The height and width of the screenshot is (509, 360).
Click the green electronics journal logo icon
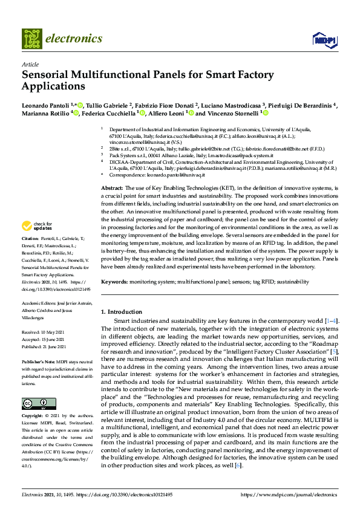[x=32, y=39]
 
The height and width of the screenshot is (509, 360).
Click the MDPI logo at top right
[x=324, y=40]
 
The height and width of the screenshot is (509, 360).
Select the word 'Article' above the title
[x=30, y=63]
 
